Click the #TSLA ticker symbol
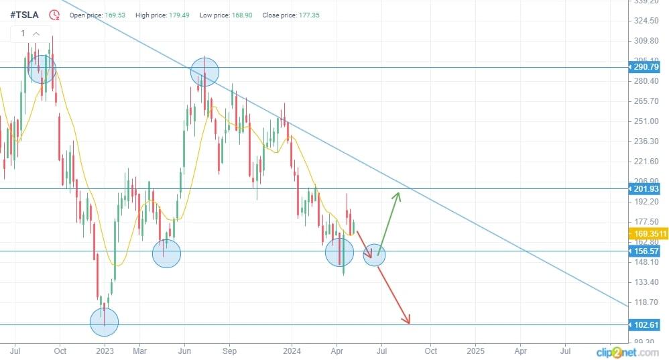tap(25, 14)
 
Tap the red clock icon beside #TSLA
tap(54, 14)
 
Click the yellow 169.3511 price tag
tap(648, 233)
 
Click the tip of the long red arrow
tap(407, 322)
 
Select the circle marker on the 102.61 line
tap(104, 322)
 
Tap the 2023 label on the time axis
tap(105, 351)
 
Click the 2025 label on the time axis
tap(475, 351)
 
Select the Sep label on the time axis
tap(229, 351)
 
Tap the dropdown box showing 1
tap(29, 34)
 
